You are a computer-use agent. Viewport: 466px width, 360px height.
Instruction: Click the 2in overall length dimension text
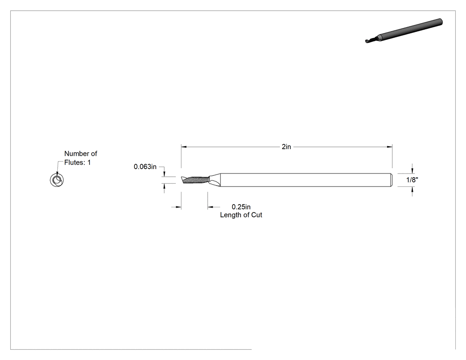286,147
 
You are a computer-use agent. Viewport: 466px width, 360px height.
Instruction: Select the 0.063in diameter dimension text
145,167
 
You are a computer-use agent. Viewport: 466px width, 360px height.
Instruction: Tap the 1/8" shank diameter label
412,180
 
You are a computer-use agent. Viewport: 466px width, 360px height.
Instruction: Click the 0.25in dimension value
241,207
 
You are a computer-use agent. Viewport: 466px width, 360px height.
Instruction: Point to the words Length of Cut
241,215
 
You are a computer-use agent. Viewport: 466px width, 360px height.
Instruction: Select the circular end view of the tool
57,180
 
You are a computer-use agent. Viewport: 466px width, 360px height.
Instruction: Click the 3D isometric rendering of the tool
404,31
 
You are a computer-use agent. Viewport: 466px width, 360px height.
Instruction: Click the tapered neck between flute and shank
214,180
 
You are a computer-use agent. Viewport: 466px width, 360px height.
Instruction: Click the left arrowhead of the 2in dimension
184,147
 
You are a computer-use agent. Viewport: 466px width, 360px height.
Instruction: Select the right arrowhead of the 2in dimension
390,147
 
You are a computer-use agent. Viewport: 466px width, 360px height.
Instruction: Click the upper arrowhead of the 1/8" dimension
412,170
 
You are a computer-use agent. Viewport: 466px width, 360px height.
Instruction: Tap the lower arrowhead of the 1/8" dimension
412,190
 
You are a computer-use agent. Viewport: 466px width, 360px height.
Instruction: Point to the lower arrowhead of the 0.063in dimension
164,186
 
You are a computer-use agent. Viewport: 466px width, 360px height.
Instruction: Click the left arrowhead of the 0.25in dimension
178,207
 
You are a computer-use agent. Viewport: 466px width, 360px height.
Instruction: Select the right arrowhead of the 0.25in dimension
210,207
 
